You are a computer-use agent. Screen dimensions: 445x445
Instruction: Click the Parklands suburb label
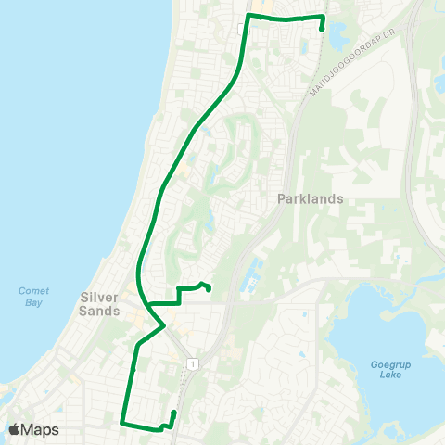[x=310, y=198]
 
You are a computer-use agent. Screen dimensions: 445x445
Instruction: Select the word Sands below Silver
[x=99, y=311]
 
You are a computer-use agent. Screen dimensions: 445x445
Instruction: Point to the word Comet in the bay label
[x=33, y=291]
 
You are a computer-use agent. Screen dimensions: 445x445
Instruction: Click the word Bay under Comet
[x=33, y=302]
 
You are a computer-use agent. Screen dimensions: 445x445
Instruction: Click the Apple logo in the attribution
[x=15, y=429]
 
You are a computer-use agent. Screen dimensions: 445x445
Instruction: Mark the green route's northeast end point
[x=322, y=29]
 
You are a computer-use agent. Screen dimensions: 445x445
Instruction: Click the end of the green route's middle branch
[x=208, y=288]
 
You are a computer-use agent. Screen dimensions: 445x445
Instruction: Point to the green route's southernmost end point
[x=173, y=412]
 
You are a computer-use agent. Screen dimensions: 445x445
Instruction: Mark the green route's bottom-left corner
[x=122, y=423]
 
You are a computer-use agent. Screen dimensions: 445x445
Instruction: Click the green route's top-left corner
[x=248, y=17]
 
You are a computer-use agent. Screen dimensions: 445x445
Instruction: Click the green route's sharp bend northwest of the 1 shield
[x=164, y=325]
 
